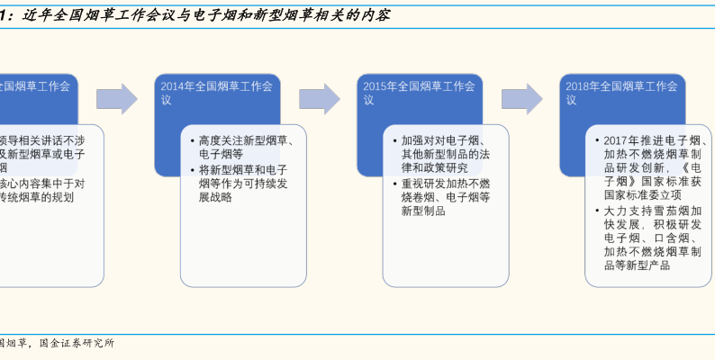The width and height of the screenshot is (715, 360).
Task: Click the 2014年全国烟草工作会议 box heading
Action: coord(216,86)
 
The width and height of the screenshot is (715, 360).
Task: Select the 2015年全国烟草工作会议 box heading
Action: coord(419,86)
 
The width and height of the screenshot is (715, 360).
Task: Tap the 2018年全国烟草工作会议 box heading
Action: coord(621,86)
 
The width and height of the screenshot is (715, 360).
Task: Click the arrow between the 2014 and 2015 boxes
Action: coord(320,99)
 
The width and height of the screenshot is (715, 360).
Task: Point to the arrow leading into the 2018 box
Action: coord(522,99)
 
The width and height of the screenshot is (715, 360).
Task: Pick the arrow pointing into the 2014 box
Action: coord(117,99)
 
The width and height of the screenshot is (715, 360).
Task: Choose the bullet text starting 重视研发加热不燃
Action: coord(446,184)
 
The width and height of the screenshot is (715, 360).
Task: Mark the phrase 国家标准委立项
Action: coord(642,193)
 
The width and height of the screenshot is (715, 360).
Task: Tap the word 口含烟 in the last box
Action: coord(670,238)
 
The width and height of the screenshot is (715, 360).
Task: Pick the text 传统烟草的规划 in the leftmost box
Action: coord(36,196)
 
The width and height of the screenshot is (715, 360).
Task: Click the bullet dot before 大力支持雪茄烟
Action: coord(597,211)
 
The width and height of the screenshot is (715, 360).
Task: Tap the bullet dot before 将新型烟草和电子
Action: coord(193,170)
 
